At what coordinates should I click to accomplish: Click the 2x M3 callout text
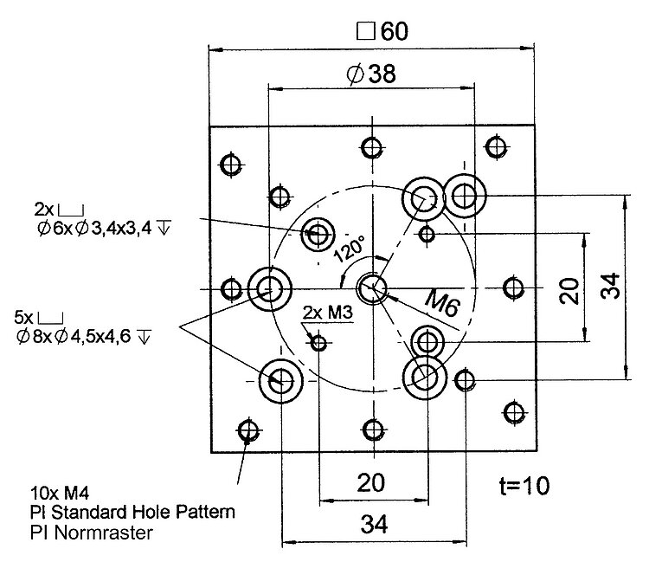pos(328,313)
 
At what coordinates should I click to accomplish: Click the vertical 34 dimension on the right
pos(610,287)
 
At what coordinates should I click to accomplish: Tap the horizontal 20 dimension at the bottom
pos(371,483)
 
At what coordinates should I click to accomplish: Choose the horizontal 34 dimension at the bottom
pos(373,524)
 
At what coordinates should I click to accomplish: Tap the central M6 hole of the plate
pos(373,287)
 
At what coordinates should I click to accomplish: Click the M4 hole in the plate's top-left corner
pos(230,164)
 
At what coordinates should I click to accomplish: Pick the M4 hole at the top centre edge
pos(373,146)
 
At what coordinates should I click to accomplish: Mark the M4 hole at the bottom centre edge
pos(373,430)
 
